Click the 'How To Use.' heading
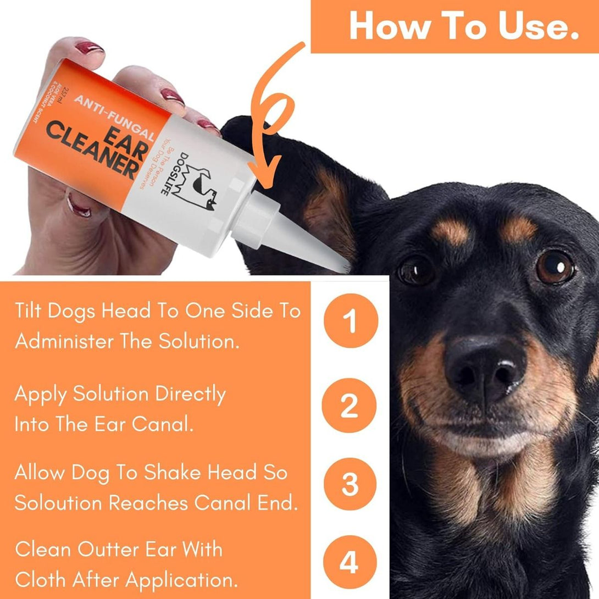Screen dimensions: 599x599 click(464, 25)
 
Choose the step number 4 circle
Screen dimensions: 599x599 click(350, 563)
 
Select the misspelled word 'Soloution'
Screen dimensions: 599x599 click(57, 503)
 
